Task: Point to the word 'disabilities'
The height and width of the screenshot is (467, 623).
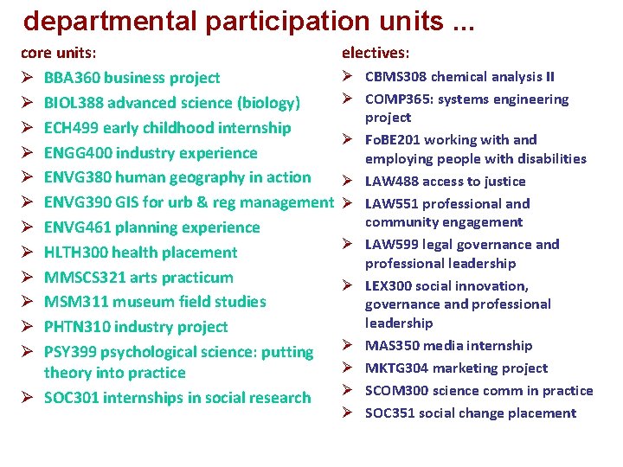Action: point(545,158)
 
